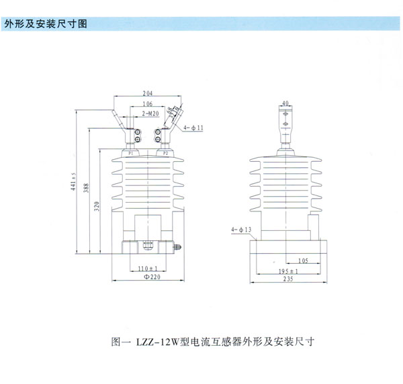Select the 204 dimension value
[148, 93]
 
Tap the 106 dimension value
[148, 104]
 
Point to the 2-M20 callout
[148, 114]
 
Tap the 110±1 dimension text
[139, 268]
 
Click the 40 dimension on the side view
[285, 103]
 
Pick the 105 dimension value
[302, 258]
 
